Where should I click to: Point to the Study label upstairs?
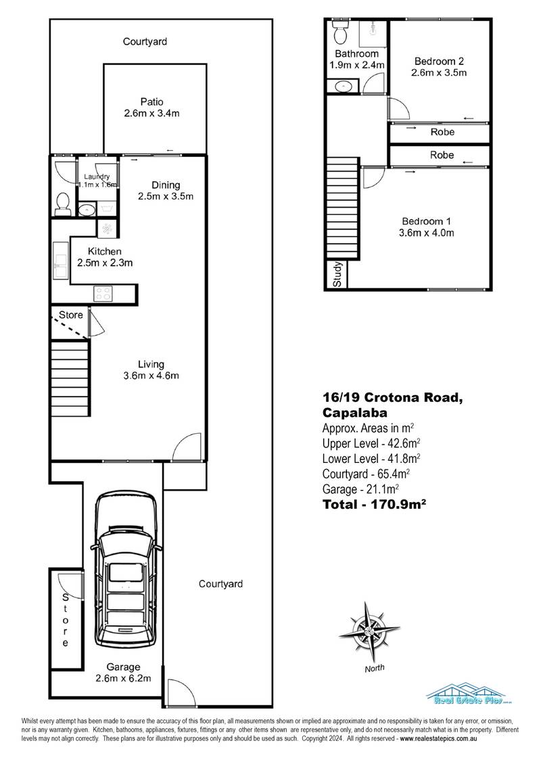coord(337,275)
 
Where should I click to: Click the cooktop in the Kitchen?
coord(104,293)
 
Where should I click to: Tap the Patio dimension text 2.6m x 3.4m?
coord(151,114)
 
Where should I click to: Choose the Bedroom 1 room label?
coord(427,221)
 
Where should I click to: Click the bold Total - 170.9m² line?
coord(373,503)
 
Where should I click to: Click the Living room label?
coord(151,364)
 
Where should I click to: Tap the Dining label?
coord(166,185)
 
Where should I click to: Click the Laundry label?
coord(96,177)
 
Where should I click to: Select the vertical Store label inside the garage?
coord(66,620)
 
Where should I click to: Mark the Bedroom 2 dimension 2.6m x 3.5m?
coord(440,73)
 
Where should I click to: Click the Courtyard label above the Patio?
coord(145,42)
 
